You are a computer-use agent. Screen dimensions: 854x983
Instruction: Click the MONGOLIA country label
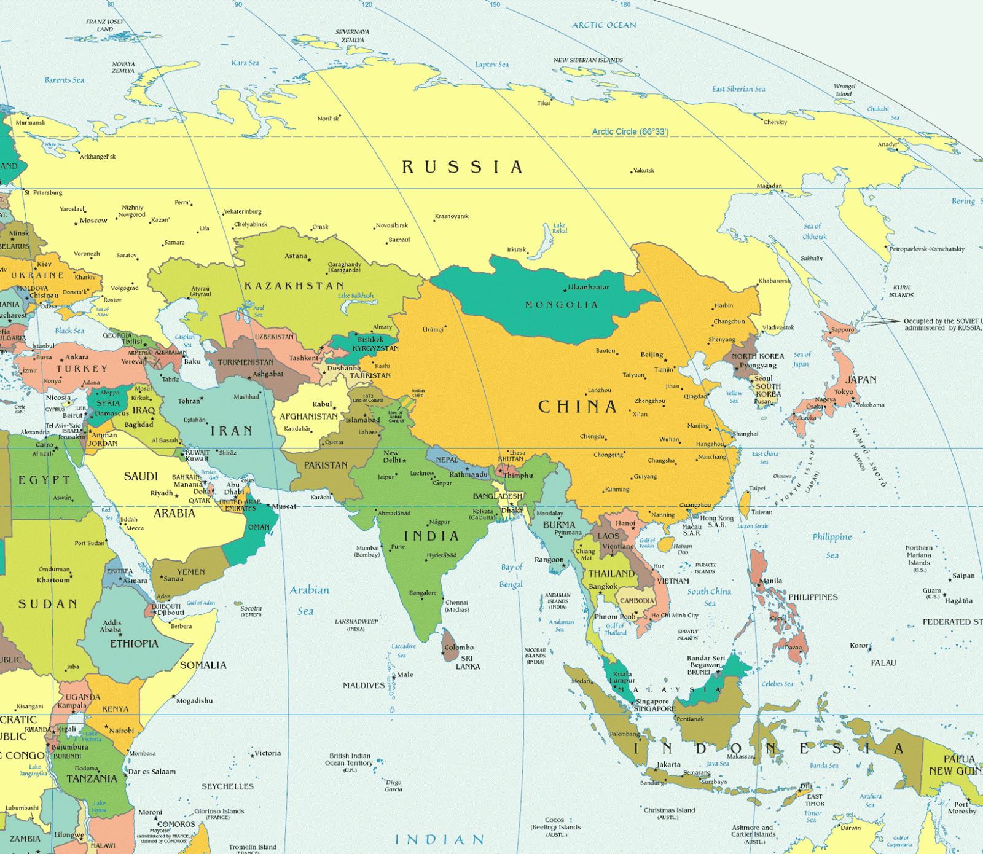coord(561,305)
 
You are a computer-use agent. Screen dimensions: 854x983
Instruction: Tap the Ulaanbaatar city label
coord(588,287)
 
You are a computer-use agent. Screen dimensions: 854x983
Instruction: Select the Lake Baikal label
coord(559,228)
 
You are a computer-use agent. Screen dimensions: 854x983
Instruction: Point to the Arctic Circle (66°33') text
coord(630,131)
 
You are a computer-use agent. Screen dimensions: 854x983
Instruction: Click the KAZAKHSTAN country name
coord(294,286)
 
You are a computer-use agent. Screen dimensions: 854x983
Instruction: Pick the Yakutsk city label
coord(643,170)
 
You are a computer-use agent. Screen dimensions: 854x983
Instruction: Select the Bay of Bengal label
coord(511,575)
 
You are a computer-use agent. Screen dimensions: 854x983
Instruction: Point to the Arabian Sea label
coord(309,600)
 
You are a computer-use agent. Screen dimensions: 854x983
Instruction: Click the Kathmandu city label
coord(468,474)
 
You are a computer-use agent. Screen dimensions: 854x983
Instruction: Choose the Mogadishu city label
coord(195,700)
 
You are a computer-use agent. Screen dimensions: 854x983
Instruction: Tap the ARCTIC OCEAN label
coord(604,25)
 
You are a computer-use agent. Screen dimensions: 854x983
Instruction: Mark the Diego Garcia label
coord(393,786)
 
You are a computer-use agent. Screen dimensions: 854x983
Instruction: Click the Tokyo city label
coord(843,391)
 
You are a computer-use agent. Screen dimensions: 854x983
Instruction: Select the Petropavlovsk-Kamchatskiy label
coord(927,249)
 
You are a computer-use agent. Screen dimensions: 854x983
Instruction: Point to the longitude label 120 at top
coord(366,4)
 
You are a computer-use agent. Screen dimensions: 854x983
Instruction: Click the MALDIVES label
coord(364,685)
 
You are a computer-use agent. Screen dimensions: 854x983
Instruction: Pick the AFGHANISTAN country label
coord(308,417)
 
